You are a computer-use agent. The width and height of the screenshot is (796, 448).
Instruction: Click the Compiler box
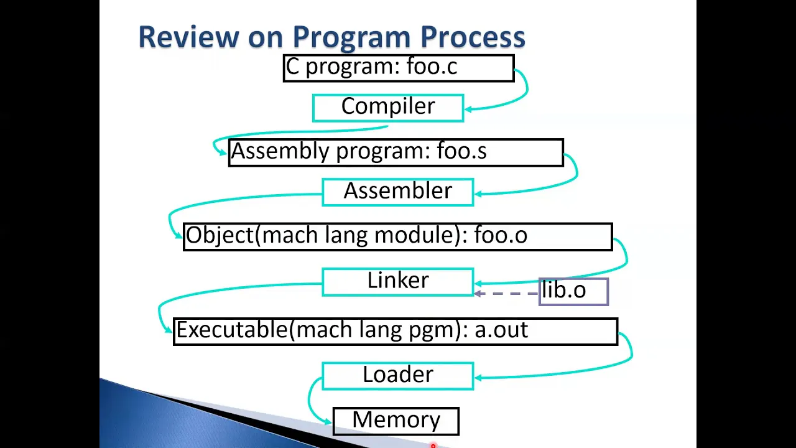click(388, 108)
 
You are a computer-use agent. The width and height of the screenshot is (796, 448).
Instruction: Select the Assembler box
click(398, 192)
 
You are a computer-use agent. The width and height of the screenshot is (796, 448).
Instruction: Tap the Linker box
click(398, 282)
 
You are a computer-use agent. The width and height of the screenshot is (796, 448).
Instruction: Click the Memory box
click(396, 421)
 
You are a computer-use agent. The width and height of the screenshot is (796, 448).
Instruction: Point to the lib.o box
click(574, 292)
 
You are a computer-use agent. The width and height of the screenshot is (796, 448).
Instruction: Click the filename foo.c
click(432, 67)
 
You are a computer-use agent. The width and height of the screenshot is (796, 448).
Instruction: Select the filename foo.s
click(461, 151)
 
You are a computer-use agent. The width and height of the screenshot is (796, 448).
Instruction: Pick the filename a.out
click(501, 330)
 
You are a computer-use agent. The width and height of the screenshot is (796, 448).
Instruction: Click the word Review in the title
click(189, 36)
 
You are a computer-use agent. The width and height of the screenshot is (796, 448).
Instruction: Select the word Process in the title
click(473, 36)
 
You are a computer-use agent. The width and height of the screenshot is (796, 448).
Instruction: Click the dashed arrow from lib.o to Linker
click(506, 294)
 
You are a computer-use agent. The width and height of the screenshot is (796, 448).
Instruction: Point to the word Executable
click(232, 330)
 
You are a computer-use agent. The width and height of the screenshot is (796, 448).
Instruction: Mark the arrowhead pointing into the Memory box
click(328, 422)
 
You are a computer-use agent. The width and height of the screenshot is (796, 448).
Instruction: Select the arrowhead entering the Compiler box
click(469, 109)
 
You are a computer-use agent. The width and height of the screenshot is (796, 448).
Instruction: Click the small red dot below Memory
click(433, 445)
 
